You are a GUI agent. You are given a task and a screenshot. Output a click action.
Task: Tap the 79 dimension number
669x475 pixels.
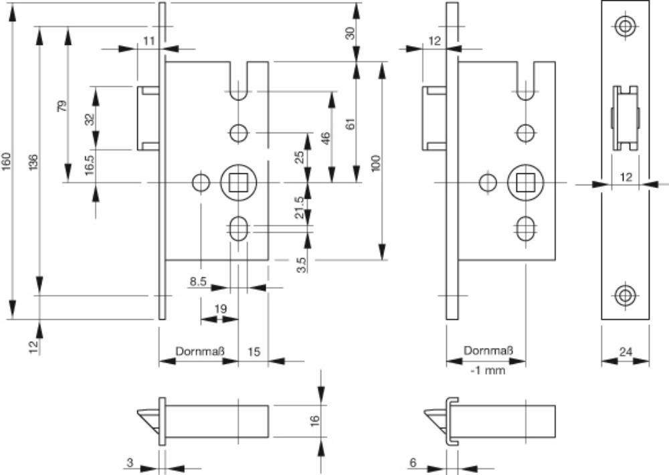62,106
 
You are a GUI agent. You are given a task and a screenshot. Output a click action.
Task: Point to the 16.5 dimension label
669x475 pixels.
90,164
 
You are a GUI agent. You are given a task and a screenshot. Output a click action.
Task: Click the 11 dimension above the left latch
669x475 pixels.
149,41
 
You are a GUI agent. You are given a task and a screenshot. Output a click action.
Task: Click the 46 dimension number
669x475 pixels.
326,139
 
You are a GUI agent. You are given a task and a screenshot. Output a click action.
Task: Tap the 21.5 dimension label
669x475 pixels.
300,207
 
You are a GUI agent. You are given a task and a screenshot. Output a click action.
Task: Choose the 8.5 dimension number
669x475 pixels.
197,282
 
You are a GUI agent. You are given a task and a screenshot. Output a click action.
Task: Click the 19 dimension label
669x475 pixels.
221,308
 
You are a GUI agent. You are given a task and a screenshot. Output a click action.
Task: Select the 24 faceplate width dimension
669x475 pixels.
626,351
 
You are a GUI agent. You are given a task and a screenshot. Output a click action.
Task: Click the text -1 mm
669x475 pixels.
488,370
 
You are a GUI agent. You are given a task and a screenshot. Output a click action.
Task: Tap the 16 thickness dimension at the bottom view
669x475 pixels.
315,420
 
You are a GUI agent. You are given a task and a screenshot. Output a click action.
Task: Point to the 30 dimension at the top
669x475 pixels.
349,32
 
